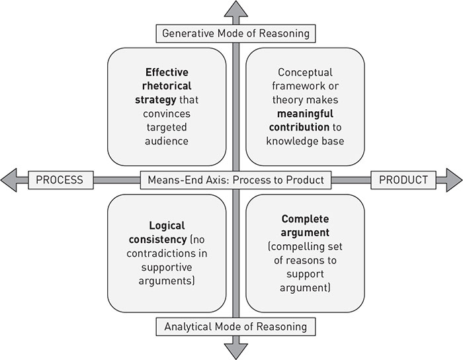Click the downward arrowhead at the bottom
(235, 349)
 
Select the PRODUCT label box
(402, 179)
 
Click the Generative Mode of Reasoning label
(235, 32)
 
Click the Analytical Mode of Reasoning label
(235, 326)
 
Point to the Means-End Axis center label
(235, 179)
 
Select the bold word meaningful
(305, 112)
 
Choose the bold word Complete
(305, 218)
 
